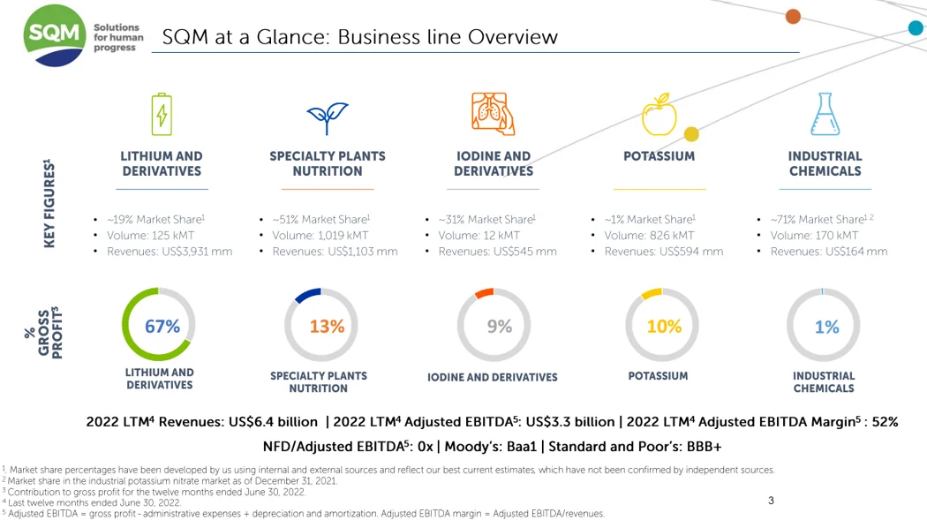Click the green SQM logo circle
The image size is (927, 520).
[56, 35]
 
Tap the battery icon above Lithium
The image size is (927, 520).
[162, 115]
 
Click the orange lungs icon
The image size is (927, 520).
[493, 114]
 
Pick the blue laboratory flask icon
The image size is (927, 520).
[825, 114]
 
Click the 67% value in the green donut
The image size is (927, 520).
[162, 327]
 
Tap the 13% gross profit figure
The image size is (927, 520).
[327, 327]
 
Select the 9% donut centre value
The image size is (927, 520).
[500, 327]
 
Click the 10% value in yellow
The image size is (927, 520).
[664, 327]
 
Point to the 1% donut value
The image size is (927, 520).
[826, 328]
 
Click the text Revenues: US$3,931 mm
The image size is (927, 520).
[170, 252]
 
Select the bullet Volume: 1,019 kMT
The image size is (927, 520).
[320, 236]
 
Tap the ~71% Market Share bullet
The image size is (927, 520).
[817, 220]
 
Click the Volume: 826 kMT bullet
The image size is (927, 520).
[649, 236]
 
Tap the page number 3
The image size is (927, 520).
[771, 501]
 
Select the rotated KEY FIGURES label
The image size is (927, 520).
[49, 203]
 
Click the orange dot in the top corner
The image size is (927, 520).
[793, 16]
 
